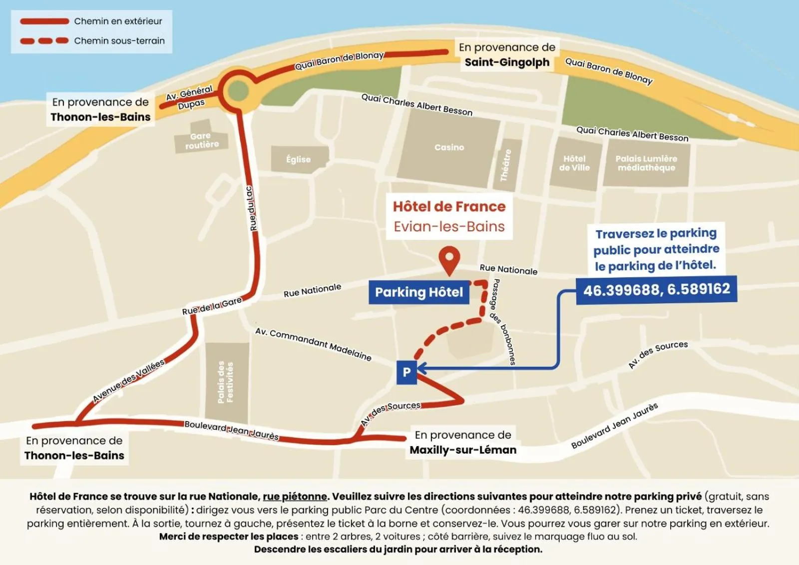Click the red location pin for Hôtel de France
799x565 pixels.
(449, 258)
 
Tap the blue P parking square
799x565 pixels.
(406, 372)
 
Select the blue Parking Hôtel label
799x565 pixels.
(419, 292)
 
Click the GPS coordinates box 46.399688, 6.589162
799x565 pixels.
(656, 289)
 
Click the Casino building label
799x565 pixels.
(449, 147)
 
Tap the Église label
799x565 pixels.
(298, 159)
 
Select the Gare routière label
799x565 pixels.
(202, 140)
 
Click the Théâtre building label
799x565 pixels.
(506, 165)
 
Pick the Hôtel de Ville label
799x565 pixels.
(574, 163)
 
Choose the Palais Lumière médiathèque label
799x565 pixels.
(646, 163)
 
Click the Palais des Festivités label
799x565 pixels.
(226, 382)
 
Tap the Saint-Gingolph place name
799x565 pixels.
(507, 62)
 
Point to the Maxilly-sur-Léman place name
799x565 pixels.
(463, 450)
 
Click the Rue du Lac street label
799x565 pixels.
(253, 209)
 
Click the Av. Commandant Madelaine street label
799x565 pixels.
(313, 344)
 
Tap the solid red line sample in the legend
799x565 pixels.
(44, 21)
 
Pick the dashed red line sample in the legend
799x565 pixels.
(44, 41)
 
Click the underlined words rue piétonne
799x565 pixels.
(295, 497)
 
